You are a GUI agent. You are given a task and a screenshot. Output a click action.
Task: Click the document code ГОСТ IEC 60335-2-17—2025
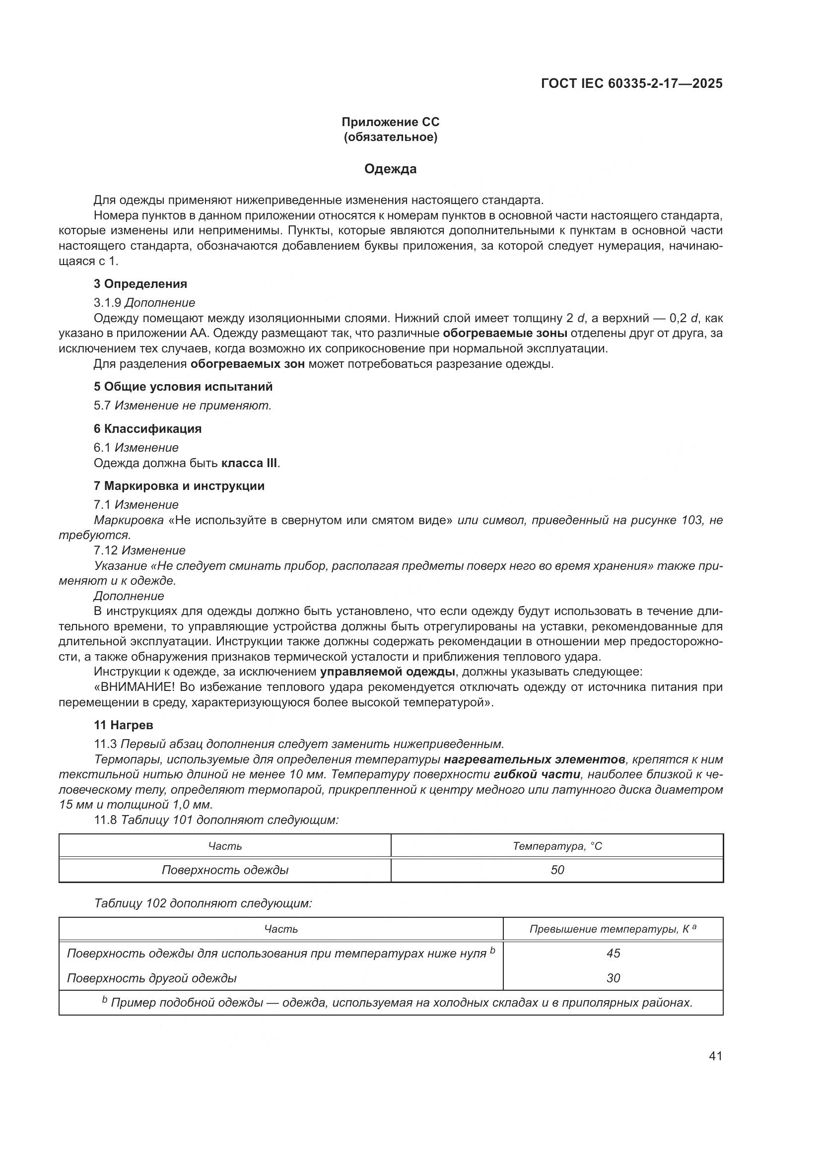pyautogui.click(x=631, y=83)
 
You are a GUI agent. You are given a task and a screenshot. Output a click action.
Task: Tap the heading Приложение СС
pyautogui.click(x=390, y=122)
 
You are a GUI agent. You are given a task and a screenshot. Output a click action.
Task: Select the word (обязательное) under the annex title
pyautogui.click(x=390, y=137)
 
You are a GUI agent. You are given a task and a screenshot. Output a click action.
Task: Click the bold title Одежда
pyautogui.click(x=390, y=169)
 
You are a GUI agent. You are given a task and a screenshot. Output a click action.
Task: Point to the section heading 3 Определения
pyautogui.click(x=140, y=284)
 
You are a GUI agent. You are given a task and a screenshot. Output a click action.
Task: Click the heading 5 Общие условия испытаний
pyautogui.click(x=183, y=386)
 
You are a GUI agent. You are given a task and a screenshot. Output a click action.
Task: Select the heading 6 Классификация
pyautogui.click(x=147, y=428)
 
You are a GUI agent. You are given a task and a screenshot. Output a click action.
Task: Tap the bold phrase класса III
pyautogui.click(x=250, y=463)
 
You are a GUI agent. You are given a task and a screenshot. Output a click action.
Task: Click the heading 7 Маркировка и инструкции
pyautogui.click(x=179, y=486)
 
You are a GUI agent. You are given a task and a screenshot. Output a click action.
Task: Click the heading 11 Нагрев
pyautogui.click(x=124, y=725)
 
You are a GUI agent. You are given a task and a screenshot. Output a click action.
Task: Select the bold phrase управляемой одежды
pyautogui.click(x=388, y=672)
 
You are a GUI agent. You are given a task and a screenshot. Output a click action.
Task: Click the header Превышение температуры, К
pyautogui.click(x=609, y=929)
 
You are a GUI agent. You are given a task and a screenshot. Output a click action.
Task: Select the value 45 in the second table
pyautogui.click(x=613, y=953)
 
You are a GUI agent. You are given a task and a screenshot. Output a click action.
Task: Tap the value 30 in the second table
pyautogui.click(x=613, y=978)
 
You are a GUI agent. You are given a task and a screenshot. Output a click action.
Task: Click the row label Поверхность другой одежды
pyautogui.click(x=152, y=978)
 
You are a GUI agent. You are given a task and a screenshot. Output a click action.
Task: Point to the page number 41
pyautogui.click(x=715, y=1056)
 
